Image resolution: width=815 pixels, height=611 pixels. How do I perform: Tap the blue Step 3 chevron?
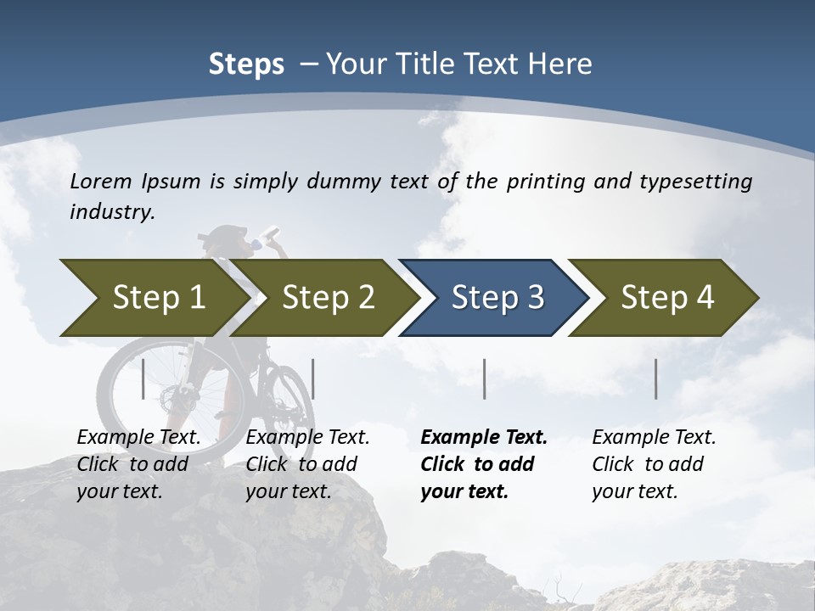tap(497, 298)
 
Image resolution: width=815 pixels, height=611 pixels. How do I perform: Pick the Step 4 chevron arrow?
tap(666, 298)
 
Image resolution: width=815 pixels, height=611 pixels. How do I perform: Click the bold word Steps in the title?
tap(246, 64)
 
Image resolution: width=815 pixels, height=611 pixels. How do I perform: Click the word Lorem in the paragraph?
tap(100, 181)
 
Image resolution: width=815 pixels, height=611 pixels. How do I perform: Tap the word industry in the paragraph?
tap(111, 212)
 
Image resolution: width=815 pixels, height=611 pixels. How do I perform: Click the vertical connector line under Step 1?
tap(143, 378)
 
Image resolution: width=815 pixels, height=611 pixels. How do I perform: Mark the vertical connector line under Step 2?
tap(313, 378)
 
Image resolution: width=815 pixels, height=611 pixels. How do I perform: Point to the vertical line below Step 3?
tap(485, 378)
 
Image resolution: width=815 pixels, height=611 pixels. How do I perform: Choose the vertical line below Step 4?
tap(656, 378)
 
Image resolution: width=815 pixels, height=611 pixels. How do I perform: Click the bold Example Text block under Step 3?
tap(483, 464)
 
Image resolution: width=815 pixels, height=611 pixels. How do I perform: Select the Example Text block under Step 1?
tap(138, 464)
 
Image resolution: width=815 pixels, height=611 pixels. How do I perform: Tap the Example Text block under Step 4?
tap(653, 464)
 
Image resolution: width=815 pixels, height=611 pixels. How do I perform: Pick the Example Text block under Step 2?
tap(306, 464)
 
